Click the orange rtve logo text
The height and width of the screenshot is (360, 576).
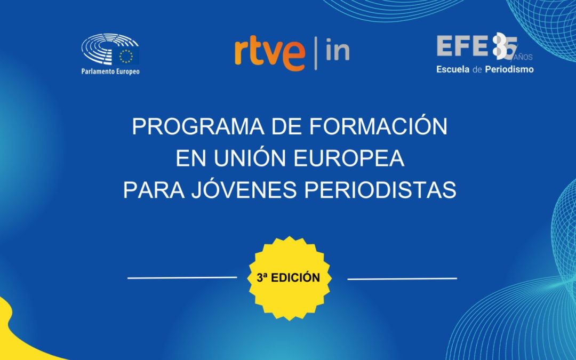(x=269, y=53)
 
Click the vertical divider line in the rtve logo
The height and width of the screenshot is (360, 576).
(x=315, y=53)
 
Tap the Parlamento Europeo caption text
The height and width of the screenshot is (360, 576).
(x=110, y=71)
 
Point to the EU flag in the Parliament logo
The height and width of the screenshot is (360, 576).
(x=127, y=55)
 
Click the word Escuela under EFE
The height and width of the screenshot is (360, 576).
(x=453, y=69)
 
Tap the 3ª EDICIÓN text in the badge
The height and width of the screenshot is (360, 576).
(x=289, y=278)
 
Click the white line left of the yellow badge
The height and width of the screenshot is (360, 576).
(x=182, y=277)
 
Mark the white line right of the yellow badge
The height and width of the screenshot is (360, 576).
(x=402, y=278)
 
